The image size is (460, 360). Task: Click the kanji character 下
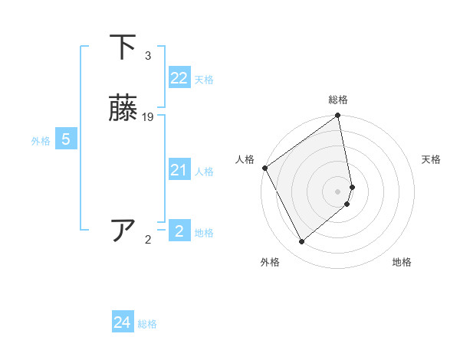[x=123, y=47]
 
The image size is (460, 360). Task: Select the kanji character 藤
[x=123, y=110]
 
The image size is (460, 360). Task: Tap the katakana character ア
[x=123, y=231]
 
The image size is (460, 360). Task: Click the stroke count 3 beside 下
[x=148, y=56]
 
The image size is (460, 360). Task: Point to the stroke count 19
[x=148, y=117]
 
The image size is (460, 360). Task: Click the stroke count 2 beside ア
[x=148, y=240]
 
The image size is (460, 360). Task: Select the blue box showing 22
[x=179, y=78]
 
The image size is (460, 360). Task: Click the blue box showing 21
[x=179, y=170]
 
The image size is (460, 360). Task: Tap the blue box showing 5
[x=66, y=139]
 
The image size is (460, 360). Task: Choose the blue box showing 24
[x=122, y=322]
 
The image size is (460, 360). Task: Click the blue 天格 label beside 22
[x=204, y=80]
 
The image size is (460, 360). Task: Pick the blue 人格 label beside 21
[x=204, y=172]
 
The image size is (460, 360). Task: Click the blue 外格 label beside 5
[x=40, y=141]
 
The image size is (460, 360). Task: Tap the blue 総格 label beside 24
[x=147, y=324]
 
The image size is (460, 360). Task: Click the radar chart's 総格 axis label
[x=338, y=100]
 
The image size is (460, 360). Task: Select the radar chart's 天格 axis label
[x=431, y=159]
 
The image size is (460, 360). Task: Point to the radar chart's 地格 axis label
[x=402, y=262]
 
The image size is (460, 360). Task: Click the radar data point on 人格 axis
[x=264, y=168]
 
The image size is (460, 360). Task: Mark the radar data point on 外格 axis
[x=301, y=242]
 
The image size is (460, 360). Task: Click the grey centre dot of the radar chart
[x=338, y=191]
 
